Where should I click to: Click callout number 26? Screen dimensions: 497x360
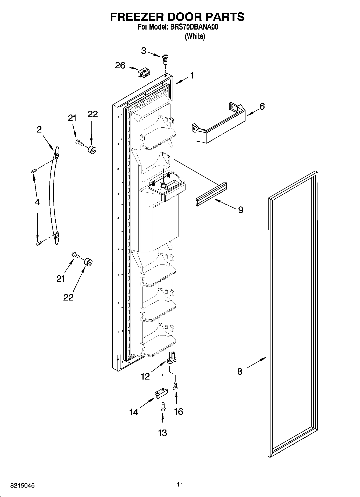(x=120, y=65)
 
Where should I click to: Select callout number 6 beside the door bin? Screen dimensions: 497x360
(x=262, y=106)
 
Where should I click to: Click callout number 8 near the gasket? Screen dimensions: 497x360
(x=240, y=371)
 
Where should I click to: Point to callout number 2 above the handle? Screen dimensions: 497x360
(x=39, y=130)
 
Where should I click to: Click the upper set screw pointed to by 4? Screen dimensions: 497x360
(x=34, y=171)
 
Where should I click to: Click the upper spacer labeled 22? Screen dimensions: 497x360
(x=92, y=150)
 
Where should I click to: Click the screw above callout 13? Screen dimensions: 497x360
(x=163, y=406)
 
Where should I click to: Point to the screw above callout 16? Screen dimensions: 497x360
(x=176, y=387)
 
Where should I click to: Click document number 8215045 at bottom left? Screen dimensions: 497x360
(x=22, y=486)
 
